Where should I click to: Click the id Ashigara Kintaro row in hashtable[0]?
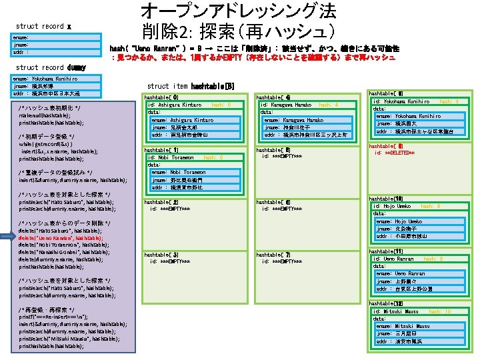[x=175, y=105]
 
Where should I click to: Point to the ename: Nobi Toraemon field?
[x=176, y=172]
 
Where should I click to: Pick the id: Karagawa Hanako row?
[x=286, y=105]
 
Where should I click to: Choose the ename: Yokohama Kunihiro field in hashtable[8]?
[x=409, y=116]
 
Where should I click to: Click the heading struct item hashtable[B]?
[x=191, y=86]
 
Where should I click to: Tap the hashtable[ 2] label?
[x=161, y=201]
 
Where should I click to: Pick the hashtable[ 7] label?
[x=273, y=255]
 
